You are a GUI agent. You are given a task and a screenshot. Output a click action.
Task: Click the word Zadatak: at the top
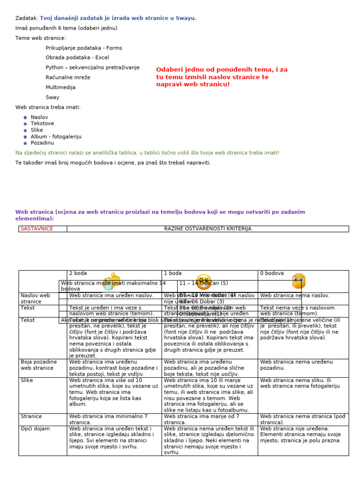[26, 18]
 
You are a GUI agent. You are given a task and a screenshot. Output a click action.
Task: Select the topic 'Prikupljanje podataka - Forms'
[83, 48]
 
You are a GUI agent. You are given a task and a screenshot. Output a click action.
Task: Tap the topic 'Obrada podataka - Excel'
[77, 58]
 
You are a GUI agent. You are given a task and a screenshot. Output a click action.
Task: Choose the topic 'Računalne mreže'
[68, 77]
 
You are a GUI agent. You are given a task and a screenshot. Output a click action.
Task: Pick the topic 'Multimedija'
[60, 87]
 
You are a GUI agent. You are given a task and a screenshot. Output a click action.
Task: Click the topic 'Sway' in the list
[52, 97]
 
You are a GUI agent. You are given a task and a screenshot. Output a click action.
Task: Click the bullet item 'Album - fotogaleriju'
[56, 136]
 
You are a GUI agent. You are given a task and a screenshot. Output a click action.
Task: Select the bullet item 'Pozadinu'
[42, 142]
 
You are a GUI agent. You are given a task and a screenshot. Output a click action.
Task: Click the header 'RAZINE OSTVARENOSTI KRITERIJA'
[208, 229]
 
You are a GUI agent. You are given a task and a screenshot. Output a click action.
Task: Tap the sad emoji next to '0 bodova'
[299, 281]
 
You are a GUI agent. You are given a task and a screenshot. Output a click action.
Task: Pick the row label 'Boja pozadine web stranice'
[39, 365]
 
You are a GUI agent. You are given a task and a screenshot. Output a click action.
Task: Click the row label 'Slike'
[27, 381]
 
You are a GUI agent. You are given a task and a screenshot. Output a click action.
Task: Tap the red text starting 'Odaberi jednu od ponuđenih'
[222, 77]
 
